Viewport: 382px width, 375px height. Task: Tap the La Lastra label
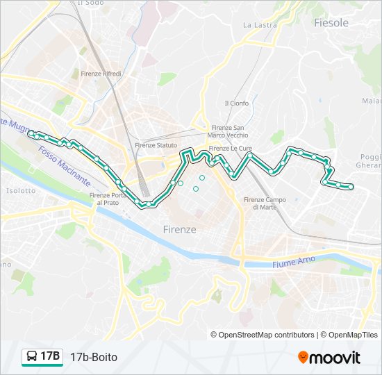pyautogui.click(x=260, y=25)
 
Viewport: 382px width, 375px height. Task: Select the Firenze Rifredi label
pyautogui.click(x=101, y=74)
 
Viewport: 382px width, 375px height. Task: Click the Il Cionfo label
pyautogui.click(x=236, y=103)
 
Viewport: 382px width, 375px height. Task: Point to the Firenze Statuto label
pyautogui.click(x=156, y=145)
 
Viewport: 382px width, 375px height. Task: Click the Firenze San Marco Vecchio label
pyautogui.click(x=228, y=131)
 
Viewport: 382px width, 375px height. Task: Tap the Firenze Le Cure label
pyautogui.click(x=229, y=148)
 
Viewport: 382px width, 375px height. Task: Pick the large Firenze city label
pyautogui.click(x=179, y=229)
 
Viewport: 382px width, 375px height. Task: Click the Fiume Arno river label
pyautogui.click(x=293, y=261)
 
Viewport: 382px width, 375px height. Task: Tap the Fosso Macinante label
pyautogui.click(x=64, y=165)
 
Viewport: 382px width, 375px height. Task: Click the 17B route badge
pyautogui.click(x=43, y=357)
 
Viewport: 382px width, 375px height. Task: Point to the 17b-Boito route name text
pyautogui.click(x=94, y=357)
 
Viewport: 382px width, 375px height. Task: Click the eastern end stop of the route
pyautogui.click(x=351, y=186)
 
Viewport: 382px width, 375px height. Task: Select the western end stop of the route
pyautogui.click(x=31, y=133)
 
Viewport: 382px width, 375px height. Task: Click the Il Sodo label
pyautogui.click(x=90, y=3)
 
